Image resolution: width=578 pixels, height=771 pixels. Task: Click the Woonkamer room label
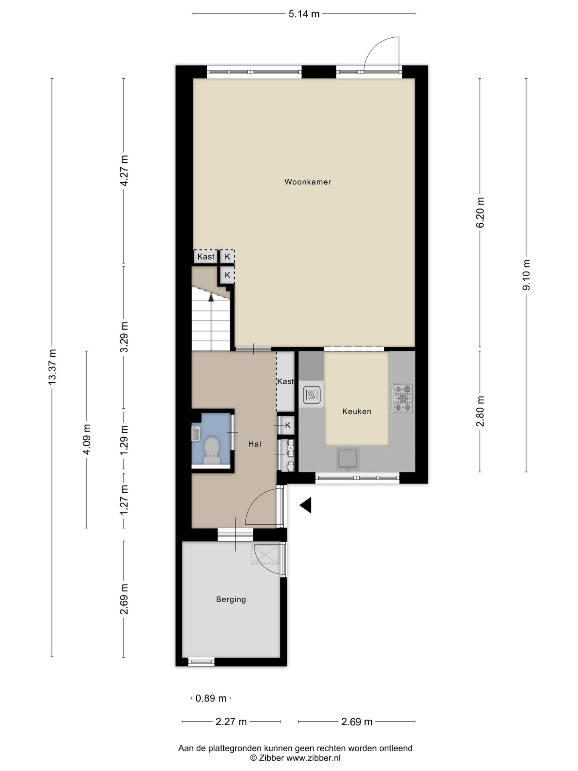pos(308,182)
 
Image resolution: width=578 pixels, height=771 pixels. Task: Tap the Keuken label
pos(357,412)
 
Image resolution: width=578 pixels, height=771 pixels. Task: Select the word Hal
pos(255,444)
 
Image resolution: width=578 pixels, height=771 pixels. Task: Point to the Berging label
pos(231,600)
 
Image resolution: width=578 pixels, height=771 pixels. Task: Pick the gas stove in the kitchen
pos(402,398)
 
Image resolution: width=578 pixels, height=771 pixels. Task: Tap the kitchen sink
pos(348,459)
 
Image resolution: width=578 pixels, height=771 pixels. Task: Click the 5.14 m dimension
pos(304,14)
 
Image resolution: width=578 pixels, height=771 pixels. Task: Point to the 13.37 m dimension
pos(52,367)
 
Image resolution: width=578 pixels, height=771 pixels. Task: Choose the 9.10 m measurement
pos(526,275)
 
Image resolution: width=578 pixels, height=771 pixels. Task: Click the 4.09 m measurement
pos(86,439)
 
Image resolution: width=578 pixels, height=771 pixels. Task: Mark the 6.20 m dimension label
pos(480,212)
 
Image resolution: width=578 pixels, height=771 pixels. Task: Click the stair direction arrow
pos(211,297)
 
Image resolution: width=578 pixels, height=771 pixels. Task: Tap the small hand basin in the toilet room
pos(196,434)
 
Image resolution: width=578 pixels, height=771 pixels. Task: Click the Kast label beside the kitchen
pos(285,381)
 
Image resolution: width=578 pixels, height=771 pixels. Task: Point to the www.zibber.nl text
pos(313,758)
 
